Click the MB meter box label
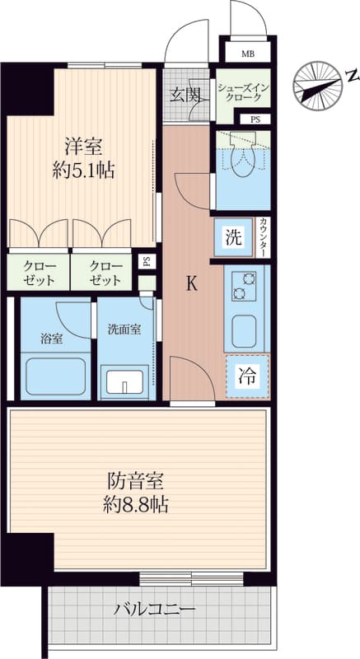click(247, 54)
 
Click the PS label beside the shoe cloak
click(255, 119)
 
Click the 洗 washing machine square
click(234, 238)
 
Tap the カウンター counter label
click(263, 238)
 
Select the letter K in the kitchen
click(192, 284)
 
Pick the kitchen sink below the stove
click(244, 331)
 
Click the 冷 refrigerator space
click(247, 376)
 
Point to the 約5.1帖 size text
click(83, 171)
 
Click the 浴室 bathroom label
click(52, 339)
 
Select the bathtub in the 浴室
click(56, 376)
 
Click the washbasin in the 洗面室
click(125, 381)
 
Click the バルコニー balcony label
click(156, 609)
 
